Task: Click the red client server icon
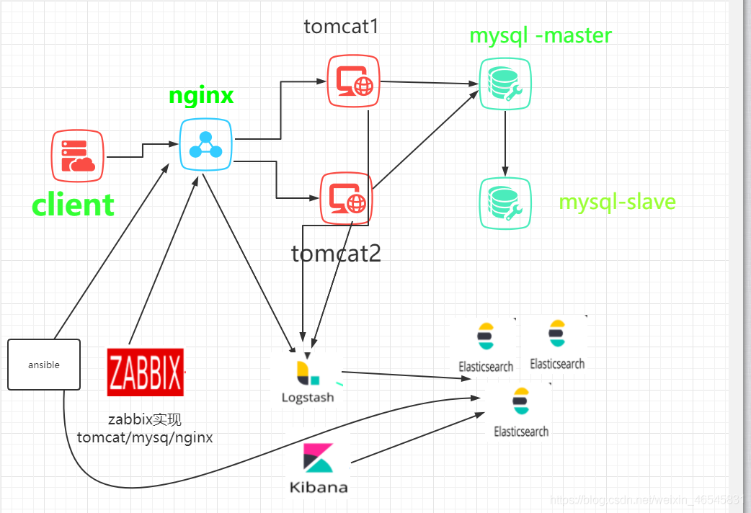click(78, 156)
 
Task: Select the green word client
click(73, 205)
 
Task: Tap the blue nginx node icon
click(205, 144)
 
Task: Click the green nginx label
click(201, 96)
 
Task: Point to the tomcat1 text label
click(341, 27)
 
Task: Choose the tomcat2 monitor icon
click(346, 198)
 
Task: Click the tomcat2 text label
click(336, 254)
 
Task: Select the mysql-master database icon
click(505, 84)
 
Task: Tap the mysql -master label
click(541, 35)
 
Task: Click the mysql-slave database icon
click(505, 203)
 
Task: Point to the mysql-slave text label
click(618, 201)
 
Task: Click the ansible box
click(44, 365)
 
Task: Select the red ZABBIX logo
click(146, 372)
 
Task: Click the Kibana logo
click(318, 468)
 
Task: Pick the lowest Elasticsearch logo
click(521, 411)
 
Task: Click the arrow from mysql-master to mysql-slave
click(505, 144)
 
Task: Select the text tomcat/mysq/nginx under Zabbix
click(145, 437)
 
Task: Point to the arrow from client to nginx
click(143, 150)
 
